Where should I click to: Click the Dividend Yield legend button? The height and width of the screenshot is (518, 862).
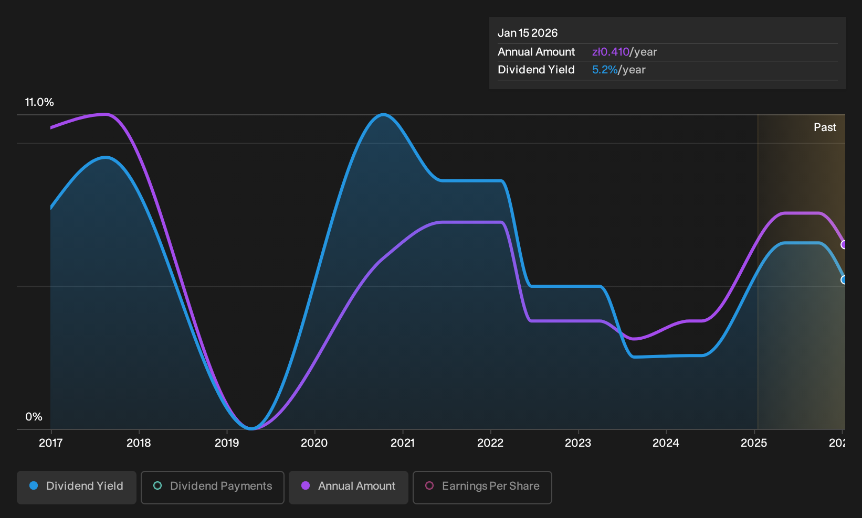point(77,487)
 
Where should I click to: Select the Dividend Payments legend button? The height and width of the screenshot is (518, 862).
point(213,487)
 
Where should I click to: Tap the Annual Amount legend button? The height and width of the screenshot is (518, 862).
point(348,487)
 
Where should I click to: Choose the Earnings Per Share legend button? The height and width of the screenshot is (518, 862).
point(482,487)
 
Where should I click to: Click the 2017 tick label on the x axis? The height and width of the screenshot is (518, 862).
point(51,443)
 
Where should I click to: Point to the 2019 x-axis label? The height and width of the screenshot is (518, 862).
point(227,443)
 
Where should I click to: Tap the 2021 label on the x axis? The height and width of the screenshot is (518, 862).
point(403,443)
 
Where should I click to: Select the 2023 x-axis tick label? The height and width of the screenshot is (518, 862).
point(578,443)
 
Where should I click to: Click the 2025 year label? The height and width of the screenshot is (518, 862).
point(754,443)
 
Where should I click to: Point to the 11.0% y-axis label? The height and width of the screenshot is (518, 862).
point(39,102)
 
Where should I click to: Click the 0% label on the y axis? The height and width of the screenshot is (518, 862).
point(34,417)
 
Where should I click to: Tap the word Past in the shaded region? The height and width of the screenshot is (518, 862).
point(825,127)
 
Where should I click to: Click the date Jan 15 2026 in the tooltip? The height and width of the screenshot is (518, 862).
point(528,33)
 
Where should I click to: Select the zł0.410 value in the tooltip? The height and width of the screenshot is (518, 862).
point(611,52)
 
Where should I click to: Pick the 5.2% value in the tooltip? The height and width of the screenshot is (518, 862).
point(605,70)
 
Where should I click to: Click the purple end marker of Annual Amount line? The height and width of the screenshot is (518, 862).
point(843,244)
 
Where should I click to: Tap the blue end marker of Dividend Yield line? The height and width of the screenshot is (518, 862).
point(843,280)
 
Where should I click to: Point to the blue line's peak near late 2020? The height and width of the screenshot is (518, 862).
point(383,114)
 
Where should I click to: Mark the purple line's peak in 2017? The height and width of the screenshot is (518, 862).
point(104,114)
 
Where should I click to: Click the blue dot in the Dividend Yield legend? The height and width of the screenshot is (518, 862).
point(34,485)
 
